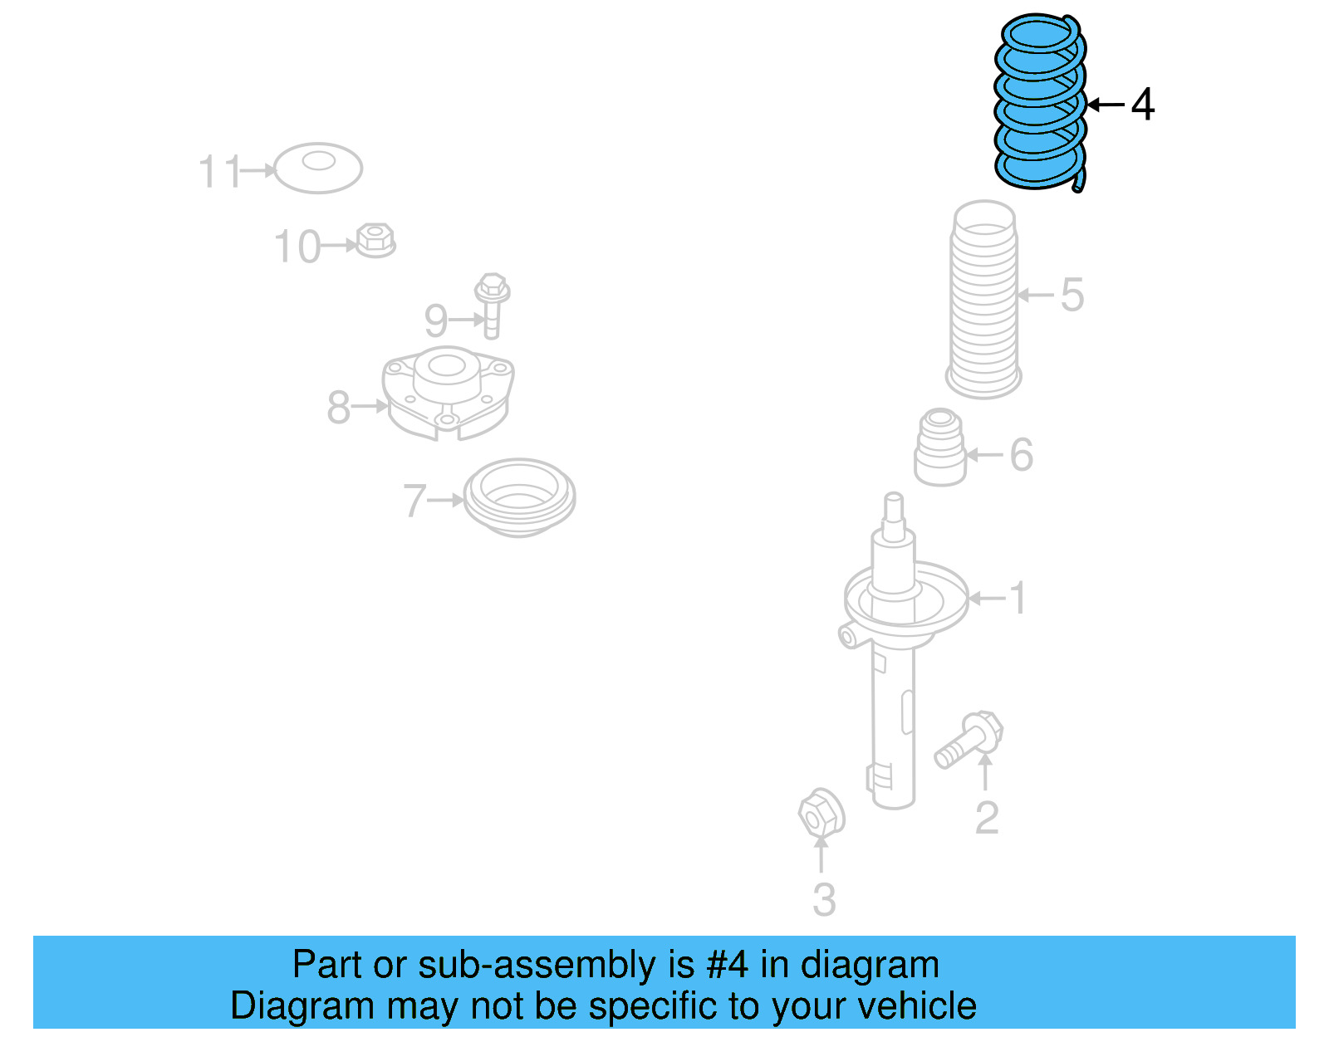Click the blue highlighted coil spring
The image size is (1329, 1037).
point(1040,101)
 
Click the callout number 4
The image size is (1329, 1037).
point(1143,105)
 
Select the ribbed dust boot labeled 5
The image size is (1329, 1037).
point(983,299)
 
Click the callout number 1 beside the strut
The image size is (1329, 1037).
point(1018,598)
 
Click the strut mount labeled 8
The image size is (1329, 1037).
point(447,392)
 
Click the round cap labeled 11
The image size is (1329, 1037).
point(318,168)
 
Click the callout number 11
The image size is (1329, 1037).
point(219,172)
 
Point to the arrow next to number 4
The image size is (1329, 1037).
point(1106,105)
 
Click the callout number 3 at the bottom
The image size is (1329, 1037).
point(824,899)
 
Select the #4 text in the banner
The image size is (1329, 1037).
point(727,965)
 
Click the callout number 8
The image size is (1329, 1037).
point(338,407)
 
